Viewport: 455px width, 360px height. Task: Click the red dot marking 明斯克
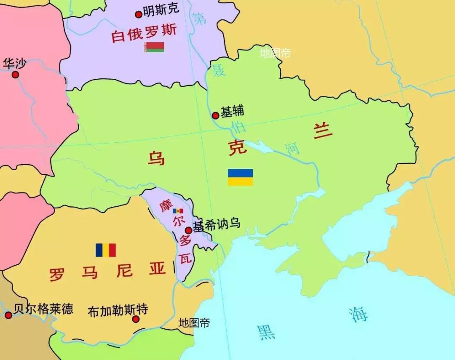tap(138, 15)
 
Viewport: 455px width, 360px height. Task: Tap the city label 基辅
tap(233, 112)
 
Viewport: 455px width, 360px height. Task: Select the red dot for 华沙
tap(16, 75)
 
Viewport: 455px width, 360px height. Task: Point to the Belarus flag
tap(154, 47)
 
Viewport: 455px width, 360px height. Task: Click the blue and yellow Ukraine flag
tap(240, 177)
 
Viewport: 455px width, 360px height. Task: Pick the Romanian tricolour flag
tap(105, 250)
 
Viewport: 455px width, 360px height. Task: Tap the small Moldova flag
tap(178, 211)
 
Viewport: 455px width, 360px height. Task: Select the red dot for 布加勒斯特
tap(136, 319)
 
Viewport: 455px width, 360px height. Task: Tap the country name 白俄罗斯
tap(144, 33)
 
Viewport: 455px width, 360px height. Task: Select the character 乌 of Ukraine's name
tap(156, 158)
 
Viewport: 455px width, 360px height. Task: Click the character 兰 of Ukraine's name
tap(322, 132)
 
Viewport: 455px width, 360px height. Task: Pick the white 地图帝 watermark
tap(275, 53)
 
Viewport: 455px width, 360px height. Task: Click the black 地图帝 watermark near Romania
tap(194, 323)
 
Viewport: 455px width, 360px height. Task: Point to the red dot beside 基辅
tap(215, 115)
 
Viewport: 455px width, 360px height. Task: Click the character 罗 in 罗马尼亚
tap(57, 274)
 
